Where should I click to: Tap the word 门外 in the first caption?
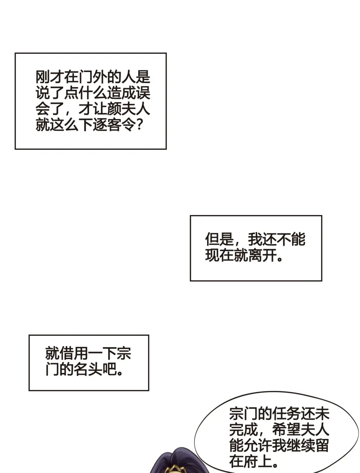tap(93, 77)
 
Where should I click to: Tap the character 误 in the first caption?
tap(143, 93)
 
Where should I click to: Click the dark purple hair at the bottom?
tap(167, 463)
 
